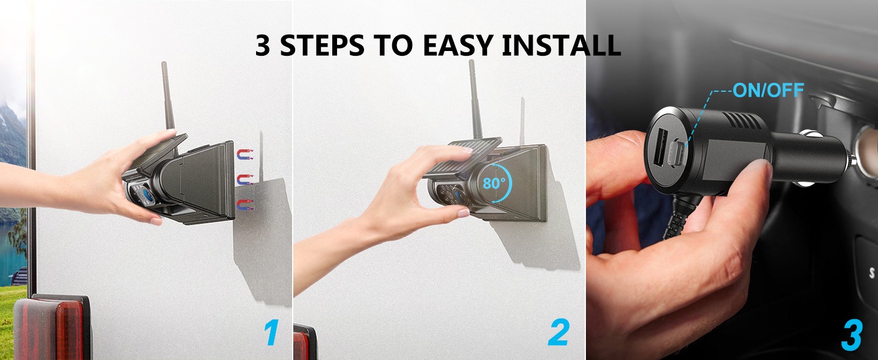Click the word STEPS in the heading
point(322,45)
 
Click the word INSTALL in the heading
point(561,45)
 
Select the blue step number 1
point(271,332)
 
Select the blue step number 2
point(558,332)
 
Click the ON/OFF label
point(768,90)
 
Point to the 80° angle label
point(491,183)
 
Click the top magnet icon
point(245,155)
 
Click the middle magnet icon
point(245,179)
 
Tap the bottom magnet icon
point(245,205)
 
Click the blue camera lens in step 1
point(146,194)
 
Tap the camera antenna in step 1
point(168,96)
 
